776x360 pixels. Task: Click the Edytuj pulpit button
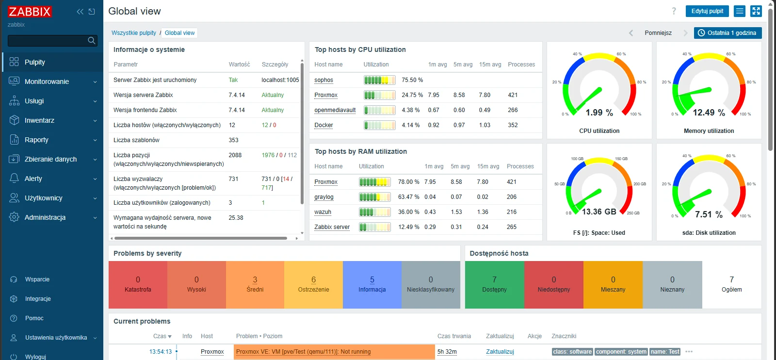click(x=707, y=11)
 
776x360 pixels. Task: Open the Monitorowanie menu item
click(x=47, y=82)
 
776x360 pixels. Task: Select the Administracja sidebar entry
click(x=45, y=217)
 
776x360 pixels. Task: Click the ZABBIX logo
click(x=30, y=12)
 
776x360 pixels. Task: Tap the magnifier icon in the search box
click(x=92, y=41)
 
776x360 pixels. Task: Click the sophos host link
click(x=323, y=80)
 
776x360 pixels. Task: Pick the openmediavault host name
click(x=335, y=110)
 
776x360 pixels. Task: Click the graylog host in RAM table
click(x=324, y=197)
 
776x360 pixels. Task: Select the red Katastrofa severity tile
click(x=138, y=284)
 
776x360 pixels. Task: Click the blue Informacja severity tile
click(x=372, y=284)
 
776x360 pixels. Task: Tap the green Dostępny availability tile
click(x=494, y=284)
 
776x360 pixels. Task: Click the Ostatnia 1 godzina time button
click(x=727, y=33)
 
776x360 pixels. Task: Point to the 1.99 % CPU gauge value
click(x=599, y=113)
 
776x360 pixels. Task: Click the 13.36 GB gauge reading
click(x=599, y=212)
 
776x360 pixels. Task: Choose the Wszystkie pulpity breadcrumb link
click(x=134, y=33)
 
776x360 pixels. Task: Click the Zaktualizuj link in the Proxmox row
click(x=500, y=352)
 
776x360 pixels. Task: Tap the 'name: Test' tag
click(x=665, y=352)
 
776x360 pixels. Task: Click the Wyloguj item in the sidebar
click(x=35, y=357)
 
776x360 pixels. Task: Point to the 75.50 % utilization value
click(x=412, y=80)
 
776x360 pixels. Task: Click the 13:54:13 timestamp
click(x=161, y=352)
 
